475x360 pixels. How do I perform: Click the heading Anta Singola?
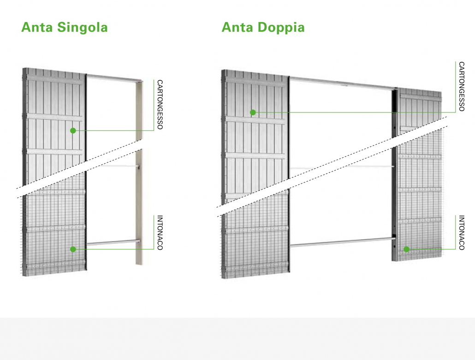(65, 27)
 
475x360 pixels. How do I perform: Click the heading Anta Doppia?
(263, 28)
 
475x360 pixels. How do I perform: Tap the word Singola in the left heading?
(83, 28)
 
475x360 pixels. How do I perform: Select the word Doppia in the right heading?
(281, 28)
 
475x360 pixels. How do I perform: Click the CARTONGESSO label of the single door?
(160, 105)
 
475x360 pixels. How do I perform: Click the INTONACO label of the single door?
(160, 232)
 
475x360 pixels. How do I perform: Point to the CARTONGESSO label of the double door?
(461, 87)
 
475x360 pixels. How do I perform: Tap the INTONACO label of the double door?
(461, 232)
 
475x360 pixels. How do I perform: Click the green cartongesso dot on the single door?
(73, 130)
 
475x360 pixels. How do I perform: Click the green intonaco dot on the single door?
(73, 249)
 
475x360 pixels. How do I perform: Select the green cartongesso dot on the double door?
(253, 112)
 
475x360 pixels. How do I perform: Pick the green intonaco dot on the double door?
(407, 249)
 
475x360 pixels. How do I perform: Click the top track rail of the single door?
(114, 78)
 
